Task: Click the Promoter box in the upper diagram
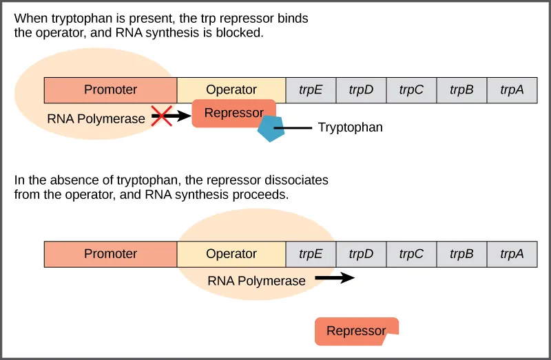110,89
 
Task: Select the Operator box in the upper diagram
231,89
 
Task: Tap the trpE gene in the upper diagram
311,89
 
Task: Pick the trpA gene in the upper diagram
512,89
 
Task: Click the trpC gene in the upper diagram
411,89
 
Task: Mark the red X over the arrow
161,116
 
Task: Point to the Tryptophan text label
350,127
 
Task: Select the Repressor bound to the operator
233,113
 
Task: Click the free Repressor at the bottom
356,331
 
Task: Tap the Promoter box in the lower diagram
110,254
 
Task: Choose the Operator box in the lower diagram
231,254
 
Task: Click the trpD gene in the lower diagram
361,254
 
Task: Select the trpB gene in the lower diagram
461,254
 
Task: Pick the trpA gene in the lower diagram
512,254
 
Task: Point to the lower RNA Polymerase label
256,281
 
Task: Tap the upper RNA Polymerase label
96,118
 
